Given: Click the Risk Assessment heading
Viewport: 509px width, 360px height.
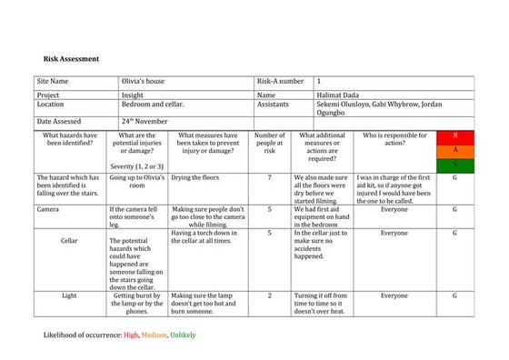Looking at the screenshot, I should point(71,59).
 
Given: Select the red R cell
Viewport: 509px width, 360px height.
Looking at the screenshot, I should point(454,135).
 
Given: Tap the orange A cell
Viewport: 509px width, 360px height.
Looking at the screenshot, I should point(454,149).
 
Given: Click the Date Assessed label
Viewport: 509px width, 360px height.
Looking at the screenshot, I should point(59,121).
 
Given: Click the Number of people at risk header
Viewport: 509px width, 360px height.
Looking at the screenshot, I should point(269,143).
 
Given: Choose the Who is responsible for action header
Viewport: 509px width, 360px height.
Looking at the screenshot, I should point(394,139).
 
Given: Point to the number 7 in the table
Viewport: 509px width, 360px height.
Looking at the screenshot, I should point(269,177).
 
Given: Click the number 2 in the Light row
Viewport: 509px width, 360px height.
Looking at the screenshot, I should point(269,295).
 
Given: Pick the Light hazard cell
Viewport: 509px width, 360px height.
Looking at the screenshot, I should point(69,295).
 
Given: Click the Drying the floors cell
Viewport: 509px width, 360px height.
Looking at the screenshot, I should point(195,177).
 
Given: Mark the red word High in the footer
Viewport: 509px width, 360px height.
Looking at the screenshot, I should point(132,335).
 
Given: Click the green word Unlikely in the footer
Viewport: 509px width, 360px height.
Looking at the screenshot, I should point(182,335).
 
